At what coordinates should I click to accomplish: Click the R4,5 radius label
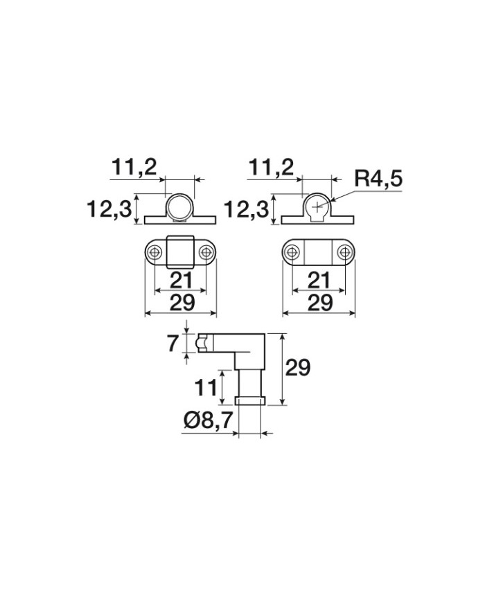click(378, 179)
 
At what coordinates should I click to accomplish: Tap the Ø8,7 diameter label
click(208, 420)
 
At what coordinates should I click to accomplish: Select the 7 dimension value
click(173, 343)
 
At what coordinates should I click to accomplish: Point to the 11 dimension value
click(206, 388)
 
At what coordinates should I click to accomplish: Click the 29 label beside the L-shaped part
click(298, 368)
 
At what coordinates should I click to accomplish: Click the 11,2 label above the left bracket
click(134, 168)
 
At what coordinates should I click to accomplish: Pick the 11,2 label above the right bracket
click(271, 168)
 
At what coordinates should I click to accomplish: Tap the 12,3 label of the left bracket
click(109, 209)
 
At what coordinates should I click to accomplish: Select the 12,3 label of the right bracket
click(247, 210)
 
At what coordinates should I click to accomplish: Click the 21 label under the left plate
click(181, 281)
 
